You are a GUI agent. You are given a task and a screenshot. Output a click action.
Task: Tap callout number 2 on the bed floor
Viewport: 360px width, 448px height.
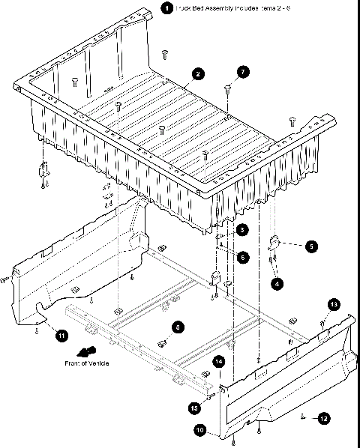click(x=196, y=73)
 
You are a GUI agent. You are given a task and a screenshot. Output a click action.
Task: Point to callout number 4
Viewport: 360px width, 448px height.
click(x=277, y=284)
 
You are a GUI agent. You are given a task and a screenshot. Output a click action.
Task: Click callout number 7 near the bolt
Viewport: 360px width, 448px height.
click(x=242, y=72)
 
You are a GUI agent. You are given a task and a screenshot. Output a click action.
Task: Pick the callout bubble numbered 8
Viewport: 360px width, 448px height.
click(x=177, y=327)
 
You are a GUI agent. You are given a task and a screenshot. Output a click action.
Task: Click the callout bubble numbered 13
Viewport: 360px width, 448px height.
click(x=334, y=303)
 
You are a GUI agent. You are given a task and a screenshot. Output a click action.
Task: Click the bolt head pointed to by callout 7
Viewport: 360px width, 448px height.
click(x=226, y=88)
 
